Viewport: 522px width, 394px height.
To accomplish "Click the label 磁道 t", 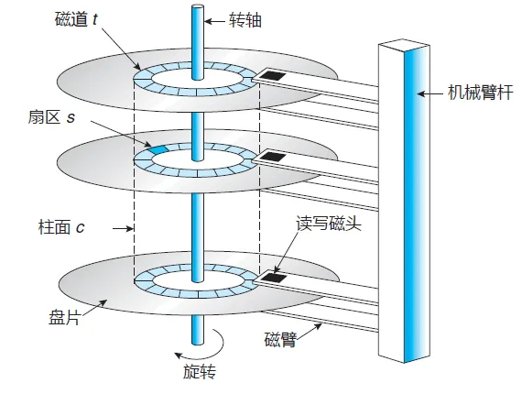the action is click(76, 19).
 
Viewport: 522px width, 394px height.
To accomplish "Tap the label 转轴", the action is click(245, 21).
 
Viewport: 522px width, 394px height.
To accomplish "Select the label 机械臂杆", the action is click(481, 92).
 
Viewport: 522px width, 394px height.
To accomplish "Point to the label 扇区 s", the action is click(51, 117).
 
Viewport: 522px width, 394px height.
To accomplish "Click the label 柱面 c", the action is click(61, 227).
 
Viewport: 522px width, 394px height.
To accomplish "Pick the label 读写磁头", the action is click(329, 223).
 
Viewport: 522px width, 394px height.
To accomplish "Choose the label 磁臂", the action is click(280, 339).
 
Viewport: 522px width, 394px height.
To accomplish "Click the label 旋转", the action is click(200, 371).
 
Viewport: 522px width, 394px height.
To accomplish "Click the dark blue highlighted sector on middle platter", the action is click(158, 149).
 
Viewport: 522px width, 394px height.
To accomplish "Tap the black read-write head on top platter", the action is click(272, 76).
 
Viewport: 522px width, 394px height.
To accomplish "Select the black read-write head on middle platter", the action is click(273, 156).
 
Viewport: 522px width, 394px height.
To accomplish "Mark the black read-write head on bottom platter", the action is click(273, 277).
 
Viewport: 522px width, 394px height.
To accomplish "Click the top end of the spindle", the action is click(198, 7).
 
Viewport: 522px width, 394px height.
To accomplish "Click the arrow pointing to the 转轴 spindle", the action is click(214, 22).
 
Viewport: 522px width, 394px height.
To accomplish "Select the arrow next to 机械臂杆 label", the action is click(430, 93).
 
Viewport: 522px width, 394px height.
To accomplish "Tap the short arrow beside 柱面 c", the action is click(124, 228).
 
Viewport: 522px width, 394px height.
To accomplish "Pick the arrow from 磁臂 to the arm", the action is click(309, 332).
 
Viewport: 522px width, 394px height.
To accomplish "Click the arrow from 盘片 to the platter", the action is click(94, 307).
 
